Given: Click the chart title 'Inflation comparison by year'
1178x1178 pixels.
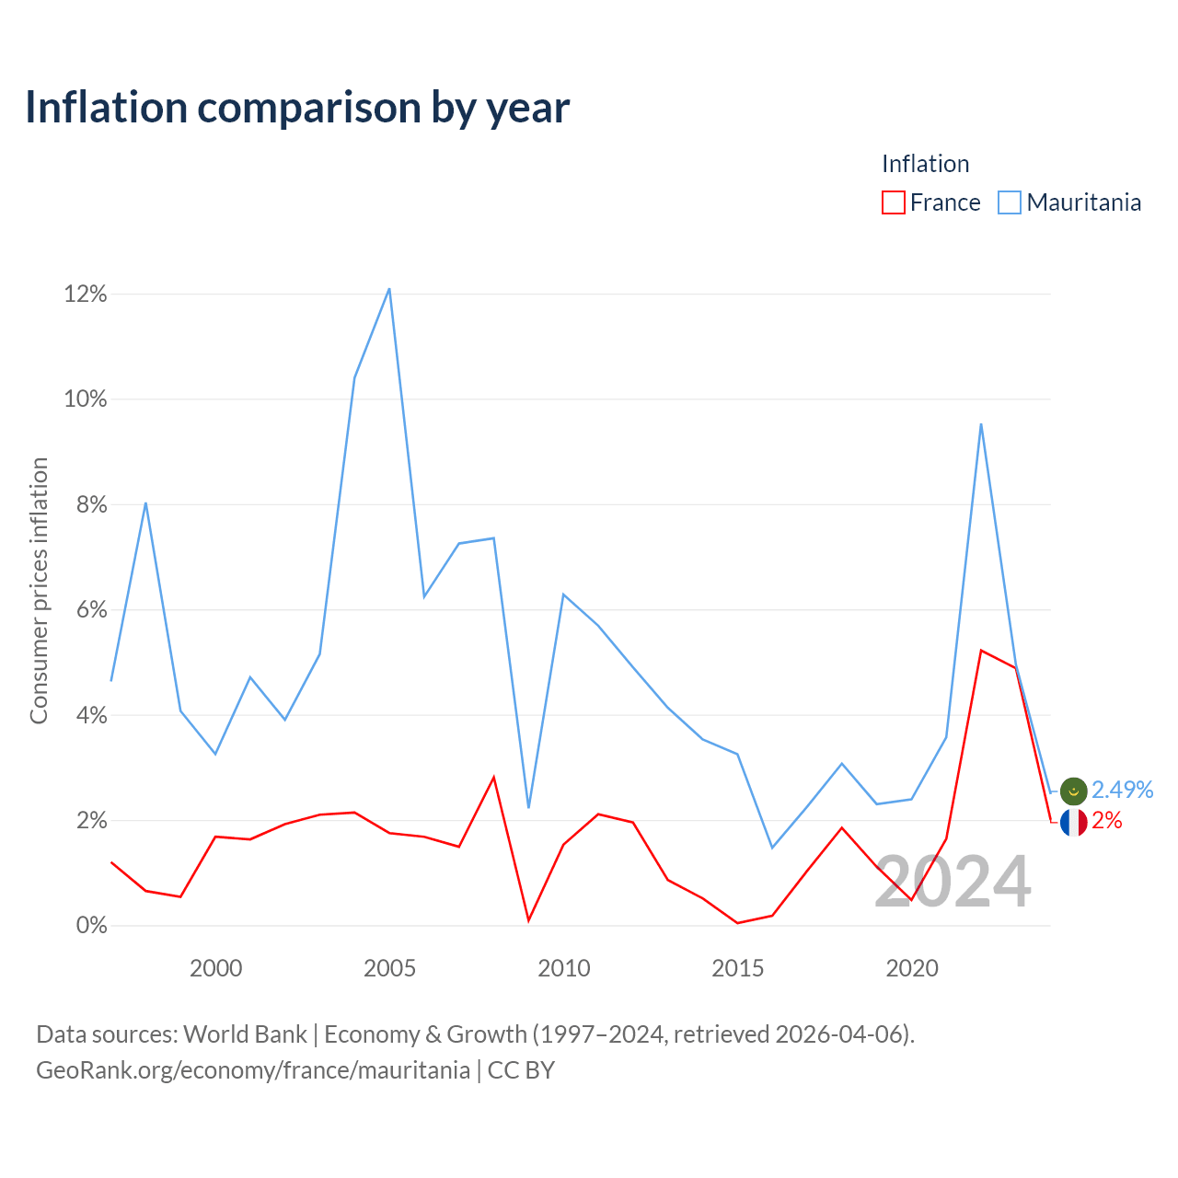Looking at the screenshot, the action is [x=297, y=108].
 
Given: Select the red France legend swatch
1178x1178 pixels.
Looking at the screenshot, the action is [x=893, y=202].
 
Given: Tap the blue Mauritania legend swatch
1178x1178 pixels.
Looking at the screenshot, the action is [x=1009, y=202].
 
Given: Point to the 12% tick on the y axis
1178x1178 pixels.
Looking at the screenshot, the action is [x=86, y=294].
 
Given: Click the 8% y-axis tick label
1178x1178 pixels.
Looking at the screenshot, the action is [x=92, y=504].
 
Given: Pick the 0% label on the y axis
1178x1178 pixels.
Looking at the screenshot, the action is [x=92, y=926].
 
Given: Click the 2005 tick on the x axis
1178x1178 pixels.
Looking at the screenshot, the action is [x=389, y=968].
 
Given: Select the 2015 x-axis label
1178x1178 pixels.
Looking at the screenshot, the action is [x=737, y=968].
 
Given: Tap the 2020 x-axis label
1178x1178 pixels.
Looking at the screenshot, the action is [x=911, y=968].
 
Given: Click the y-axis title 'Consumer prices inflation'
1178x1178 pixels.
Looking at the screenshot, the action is [x=39, y=591].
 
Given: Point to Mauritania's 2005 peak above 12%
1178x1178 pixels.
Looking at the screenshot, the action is [x=389, y=289].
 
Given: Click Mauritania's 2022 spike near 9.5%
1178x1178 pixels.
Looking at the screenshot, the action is [x=981, y=424].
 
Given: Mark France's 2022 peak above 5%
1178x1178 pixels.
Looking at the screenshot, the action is [x=981, y=651].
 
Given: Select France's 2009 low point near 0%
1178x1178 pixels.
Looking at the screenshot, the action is [x=529, y=920].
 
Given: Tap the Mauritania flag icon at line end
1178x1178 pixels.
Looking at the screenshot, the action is [x=1073, y=791].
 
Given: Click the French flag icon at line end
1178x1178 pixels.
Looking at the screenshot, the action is [x=1073, y=822].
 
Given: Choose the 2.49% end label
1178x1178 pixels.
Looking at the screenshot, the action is [x=1123, y=790].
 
